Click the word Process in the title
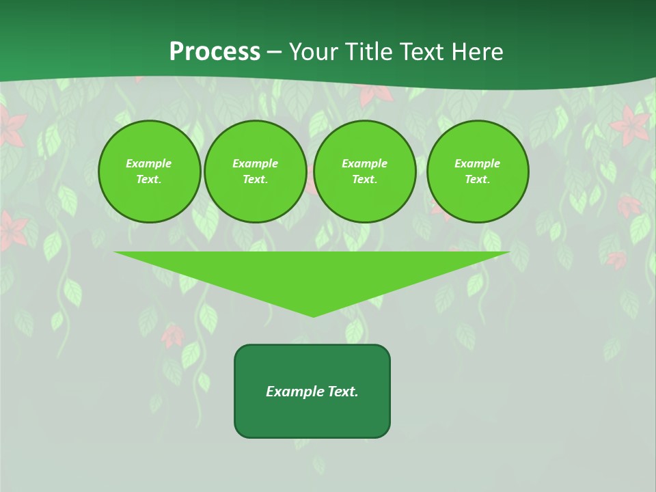[x=215, y=52]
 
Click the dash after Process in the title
[x=274, y=53]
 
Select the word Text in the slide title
[x=421, y=52]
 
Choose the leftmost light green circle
[x=150, y=172]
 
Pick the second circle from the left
[x=256, y=172]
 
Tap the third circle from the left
[x=365, y=172]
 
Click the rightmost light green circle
[x=478, y=172]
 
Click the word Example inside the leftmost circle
[x=149, y=163]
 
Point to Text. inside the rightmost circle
[x=478, y=180]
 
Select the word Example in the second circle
[x=256, y=163]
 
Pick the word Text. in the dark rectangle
[x=342, y=392]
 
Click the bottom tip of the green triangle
[x=313, y=316]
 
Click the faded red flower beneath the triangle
[x=173, y=336]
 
